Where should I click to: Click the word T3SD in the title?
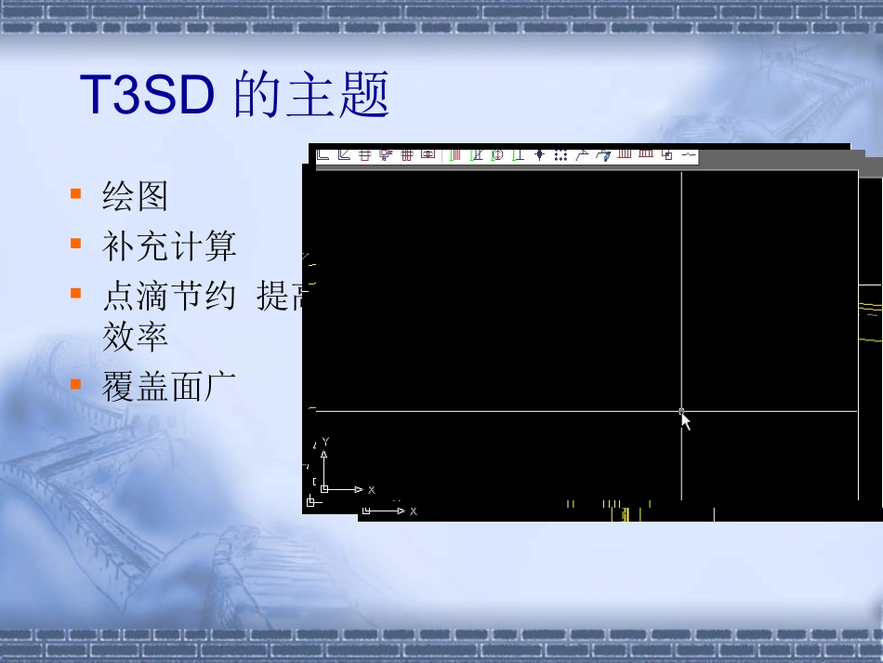pos(148,96)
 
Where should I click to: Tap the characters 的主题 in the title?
pos(311,96)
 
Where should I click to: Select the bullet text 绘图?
pos(135,197)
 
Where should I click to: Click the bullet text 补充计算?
pos(169,246)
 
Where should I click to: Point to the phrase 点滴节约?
pos(169,297)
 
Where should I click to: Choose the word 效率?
pos(135,336)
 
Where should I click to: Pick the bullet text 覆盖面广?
pos(169,386)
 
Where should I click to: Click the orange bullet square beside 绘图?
pos(75,194)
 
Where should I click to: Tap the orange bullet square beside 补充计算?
pos(75,244)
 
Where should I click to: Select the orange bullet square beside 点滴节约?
pos(75,294)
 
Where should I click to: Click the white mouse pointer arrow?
pos(686,421)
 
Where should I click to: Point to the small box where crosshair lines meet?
pos(681,410)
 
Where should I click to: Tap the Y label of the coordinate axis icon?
pos(326,442)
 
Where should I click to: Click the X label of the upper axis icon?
pos(372,489)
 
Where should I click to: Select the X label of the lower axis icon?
pos(414,511)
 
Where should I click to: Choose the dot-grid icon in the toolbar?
pos(560,155)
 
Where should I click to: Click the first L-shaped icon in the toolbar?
pos(323,154)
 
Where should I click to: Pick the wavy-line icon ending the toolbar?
pos(689,154)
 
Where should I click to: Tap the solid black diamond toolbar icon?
pos(539,155)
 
